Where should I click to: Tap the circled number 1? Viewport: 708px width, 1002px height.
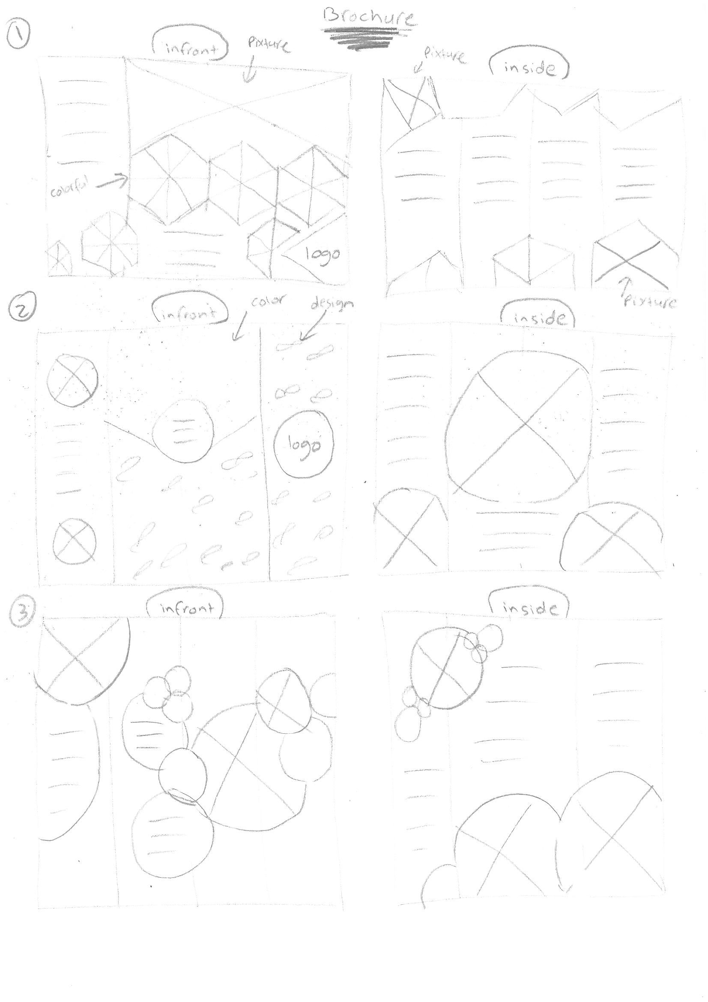18,37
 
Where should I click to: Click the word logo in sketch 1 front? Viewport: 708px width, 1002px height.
323,254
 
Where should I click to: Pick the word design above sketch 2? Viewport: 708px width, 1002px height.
332,304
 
